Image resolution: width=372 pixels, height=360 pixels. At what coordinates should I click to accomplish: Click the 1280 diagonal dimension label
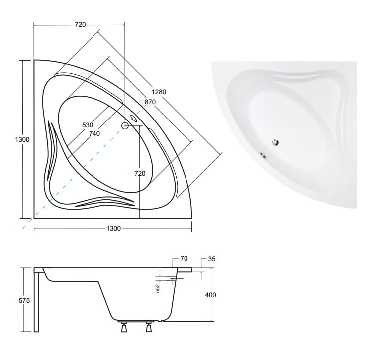click(x=159, y=92)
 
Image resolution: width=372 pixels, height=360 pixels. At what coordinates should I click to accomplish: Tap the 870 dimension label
click(x=150, y=102)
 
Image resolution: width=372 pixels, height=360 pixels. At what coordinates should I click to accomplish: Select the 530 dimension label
click(x=88, y=125)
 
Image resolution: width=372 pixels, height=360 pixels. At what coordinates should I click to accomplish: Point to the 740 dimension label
click(x=94, y=134)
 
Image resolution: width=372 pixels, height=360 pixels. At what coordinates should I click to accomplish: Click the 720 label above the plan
click(x=80, y=25)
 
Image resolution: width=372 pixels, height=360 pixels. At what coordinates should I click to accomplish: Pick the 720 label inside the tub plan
click(x=140, y=174)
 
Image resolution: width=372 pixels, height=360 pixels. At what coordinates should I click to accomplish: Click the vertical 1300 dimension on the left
click(x=22, y=139)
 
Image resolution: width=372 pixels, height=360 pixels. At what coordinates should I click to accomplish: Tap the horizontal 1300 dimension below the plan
click(x=114, y=229)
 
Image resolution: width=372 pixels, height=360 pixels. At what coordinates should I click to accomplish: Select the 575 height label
click(x=24, y=301)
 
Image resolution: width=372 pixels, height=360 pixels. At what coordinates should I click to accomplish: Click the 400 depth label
click(x=210, y=295)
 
